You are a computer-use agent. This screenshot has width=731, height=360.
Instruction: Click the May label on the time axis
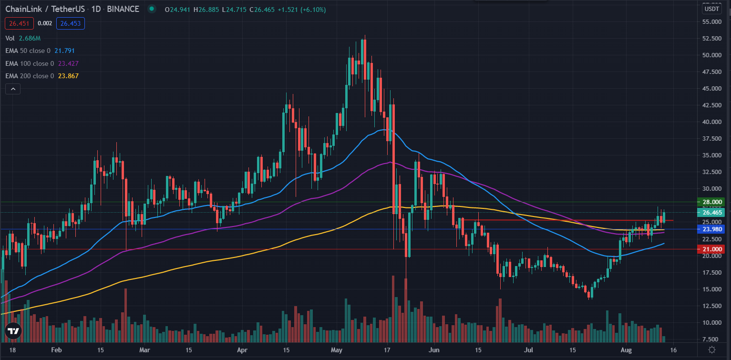[x=337, y=350]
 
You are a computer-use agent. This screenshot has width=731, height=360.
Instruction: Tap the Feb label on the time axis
[x=56, y=350]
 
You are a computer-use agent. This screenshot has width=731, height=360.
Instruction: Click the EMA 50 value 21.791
[x=65, y=51]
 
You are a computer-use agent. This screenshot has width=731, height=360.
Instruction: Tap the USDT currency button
[x=712, y=9]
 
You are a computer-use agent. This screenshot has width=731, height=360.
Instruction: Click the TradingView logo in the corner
[x=13, y=331]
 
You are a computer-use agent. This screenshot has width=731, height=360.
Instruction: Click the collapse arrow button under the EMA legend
[x=13, y=89]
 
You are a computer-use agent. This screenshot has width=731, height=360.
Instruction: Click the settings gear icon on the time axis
[x=711, y=350]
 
